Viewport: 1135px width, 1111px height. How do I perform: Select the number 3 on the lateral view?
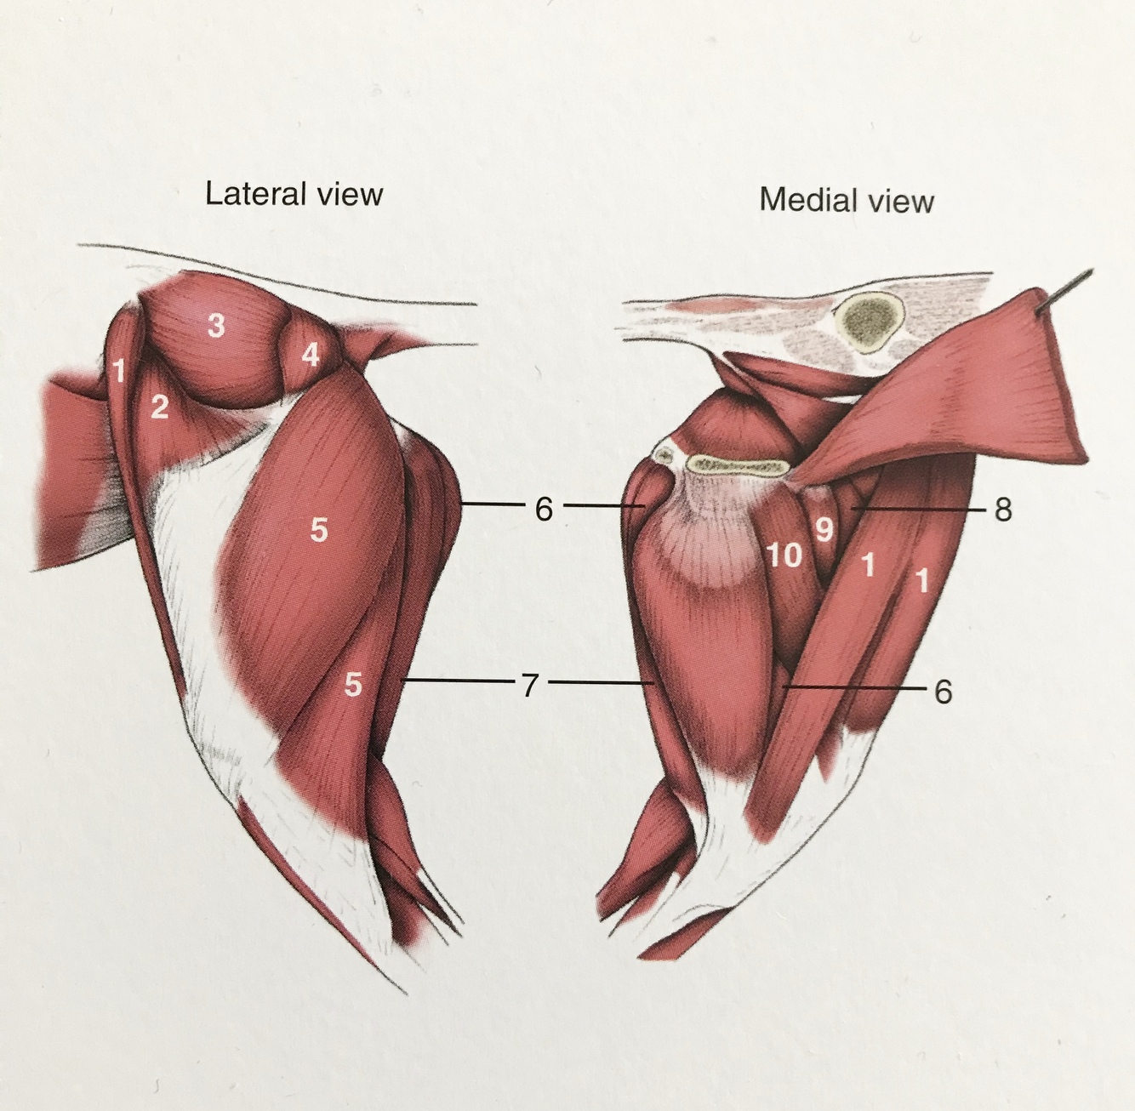(216, 324)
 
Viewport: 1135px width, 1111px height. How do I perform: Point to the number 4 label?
(311, 353)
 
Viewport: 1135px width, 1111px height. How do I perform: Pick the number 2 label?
(159, 407)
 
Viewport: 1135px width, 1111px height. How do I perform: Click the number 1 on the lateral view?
(120, 370)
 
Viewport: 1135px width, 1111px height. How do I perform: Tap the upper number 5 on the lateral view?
(318, 530)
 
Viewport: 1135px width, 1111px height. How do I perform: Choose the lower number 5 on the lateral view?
(353, 683)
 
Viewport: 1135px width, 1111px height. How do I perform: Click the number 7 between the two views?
(530, 684)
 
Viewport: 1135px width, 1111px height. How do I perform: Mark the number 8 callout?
(1003, 510)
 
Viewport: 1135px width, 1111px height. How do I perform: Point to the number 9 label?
(823, 530)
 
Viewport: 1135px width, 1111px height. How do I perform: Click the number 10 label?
(784, 555)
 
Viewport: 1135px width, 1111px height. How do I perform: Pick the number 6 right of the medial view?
(943, 692)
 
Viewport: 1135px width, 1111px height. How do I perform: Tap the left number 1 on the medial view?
(867, 565)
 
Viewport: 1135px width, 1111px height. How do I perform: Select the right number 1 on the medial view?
(921, 582)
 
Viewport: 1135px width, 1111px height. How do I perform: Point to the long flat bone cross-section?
(739, 464)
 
